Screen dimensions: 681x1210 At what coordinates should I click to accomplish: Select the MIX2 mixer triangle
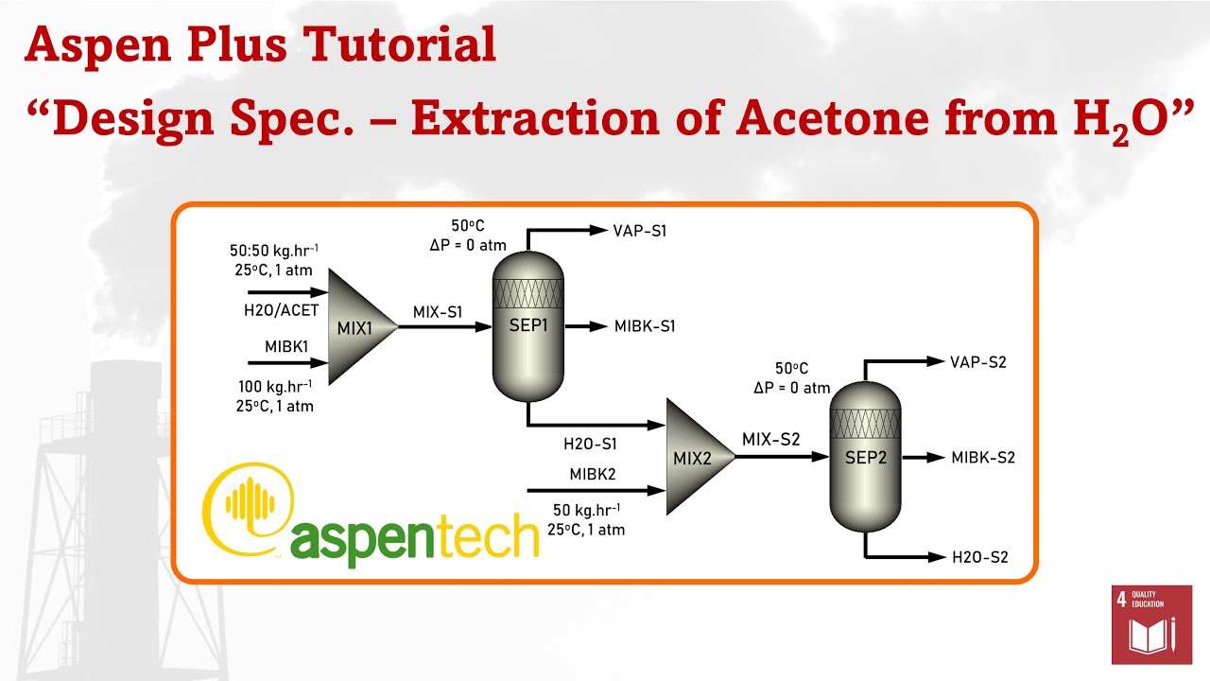click(x=698, y=458)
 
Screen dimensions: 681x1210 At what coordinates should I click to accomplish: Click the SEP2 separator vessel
click(x=865, y=457)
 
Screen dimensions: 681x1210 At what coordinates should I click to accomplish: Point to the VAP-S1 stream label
click(x=640, y=230)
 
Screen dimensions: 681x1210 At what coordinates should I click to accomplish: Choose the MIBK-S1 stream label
click(x=645, y=326)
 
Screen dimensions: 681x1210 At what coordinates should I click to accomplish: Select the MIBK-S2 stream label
click(x=983, y=458)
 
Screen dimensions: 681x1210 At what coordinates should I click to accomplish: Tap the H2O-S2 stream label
click(x=980, y=557)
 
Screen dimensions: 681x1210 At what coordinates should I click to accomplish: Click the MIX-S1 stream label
click(x=438, y=311)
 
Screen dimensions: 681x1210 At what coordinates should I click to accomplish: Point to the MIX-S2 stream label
click(x=770, y=439)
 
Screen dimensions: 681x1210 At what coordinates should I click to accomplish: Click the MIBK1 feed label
click(x=287, y=347)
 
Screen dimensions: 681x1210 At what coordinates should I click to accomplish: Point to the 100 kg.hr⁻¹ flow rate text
click(x=275, y=387)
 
